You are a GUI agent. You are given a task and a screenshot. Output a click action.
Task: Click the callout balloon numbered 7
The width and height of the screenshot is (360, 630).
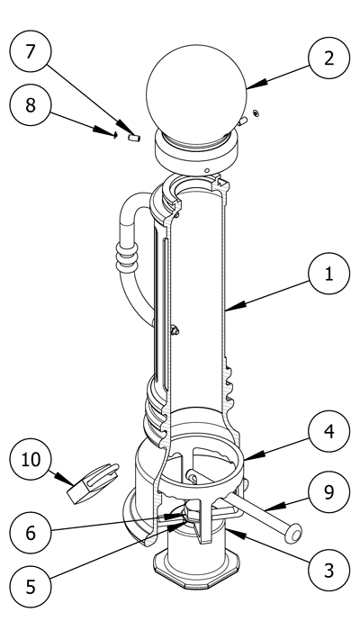pos(31,51)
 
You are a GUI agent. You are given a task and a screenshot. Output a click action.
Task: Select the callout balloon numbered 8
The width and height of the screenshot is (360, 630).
pos(31,105)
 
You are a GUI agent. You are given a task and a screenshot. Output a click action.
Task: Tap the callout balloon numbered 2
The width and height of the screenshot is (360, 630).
pos(329,58)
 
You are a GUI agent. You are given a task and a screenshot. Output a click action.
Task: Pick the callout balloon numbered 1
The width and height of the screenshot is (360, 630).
pos(329,274)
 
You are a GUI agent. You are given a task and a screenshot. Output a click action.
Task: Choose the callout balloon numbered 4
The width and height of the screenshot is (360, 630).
pos(329,431)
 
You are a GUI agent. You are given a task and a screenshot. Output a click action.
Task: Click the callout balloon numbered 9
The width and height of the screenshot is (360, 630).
pos(329,491)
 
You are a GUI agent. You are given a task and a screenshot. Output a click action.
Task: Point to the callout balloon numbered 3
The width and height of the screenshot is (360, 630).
pos(329,570)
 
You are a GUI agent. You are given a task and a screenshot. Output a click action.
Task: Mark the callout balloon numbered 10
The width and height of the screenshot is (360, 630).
pos(31,459)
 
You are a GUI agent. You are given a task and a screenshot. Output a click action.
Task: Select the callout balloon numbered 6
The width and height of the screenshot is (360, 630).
pos(31,533)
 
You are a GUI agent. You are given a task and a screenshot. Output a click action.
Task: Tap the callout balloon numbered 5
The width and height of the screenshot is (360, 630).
pos(31,587)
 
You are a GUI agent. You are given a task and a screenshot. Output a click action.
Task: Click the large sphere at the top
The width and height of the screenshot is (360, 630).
pos(196,94)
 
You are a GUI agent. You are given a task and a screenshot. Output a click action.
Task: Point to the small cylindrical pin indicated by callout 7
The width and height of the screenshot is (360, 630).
pos(134,138)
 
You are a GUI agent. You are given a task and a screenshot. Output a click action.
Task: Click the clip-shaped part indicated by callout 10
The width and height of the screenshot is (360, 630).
pos(94,483)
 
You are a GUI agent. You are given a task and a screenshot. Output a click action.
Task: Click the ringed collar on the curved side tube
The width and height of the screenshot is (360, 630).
pos(127,257)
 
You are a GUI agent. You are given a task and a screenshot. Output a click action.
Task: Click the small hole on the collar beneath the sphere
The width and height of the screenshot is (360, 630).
pos(206,171)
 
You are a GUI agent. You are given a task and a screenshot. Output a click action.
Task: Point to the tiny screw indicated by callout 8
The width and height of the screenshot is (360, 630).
pos(115,135)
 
